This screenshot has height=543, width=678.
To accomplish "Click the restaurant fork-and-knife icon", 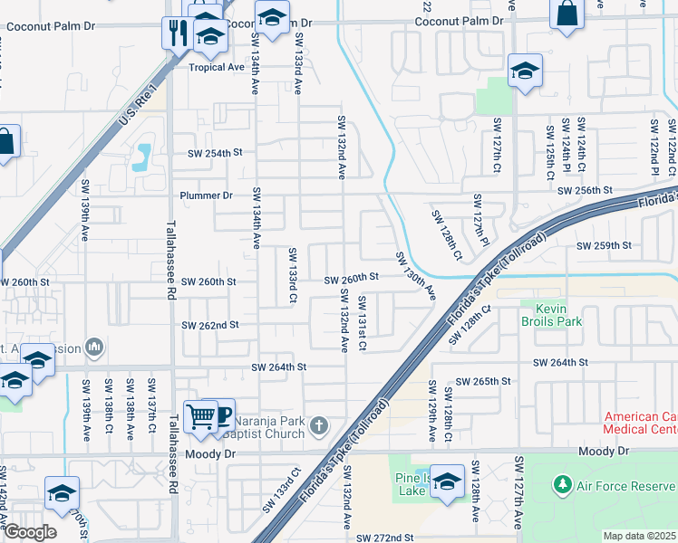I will click(177, 33).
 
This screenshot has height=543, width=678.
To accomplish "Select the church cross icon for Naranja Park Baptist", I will click(318, 425).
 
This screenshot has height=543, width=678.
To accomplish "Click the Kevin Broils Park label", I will click(550, 314).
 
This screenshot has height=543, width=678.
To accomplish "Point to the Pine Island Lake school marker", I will click(447, 481).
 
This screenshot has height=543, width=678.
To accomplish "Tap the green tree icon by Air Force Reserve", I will click(563, 485).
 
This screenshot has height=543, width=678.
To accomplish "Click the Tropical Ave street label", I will click(217, 67).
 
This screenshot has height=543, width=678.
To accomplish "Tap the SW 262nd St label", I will click(210, 325).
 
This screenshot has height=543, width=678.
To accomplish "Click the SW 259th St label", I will click(603, 245).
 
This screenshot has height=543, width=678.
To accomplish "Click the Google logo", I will click(29, 532).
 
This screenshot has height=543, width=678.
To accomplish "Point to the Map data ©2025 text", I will click(638, 536).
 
